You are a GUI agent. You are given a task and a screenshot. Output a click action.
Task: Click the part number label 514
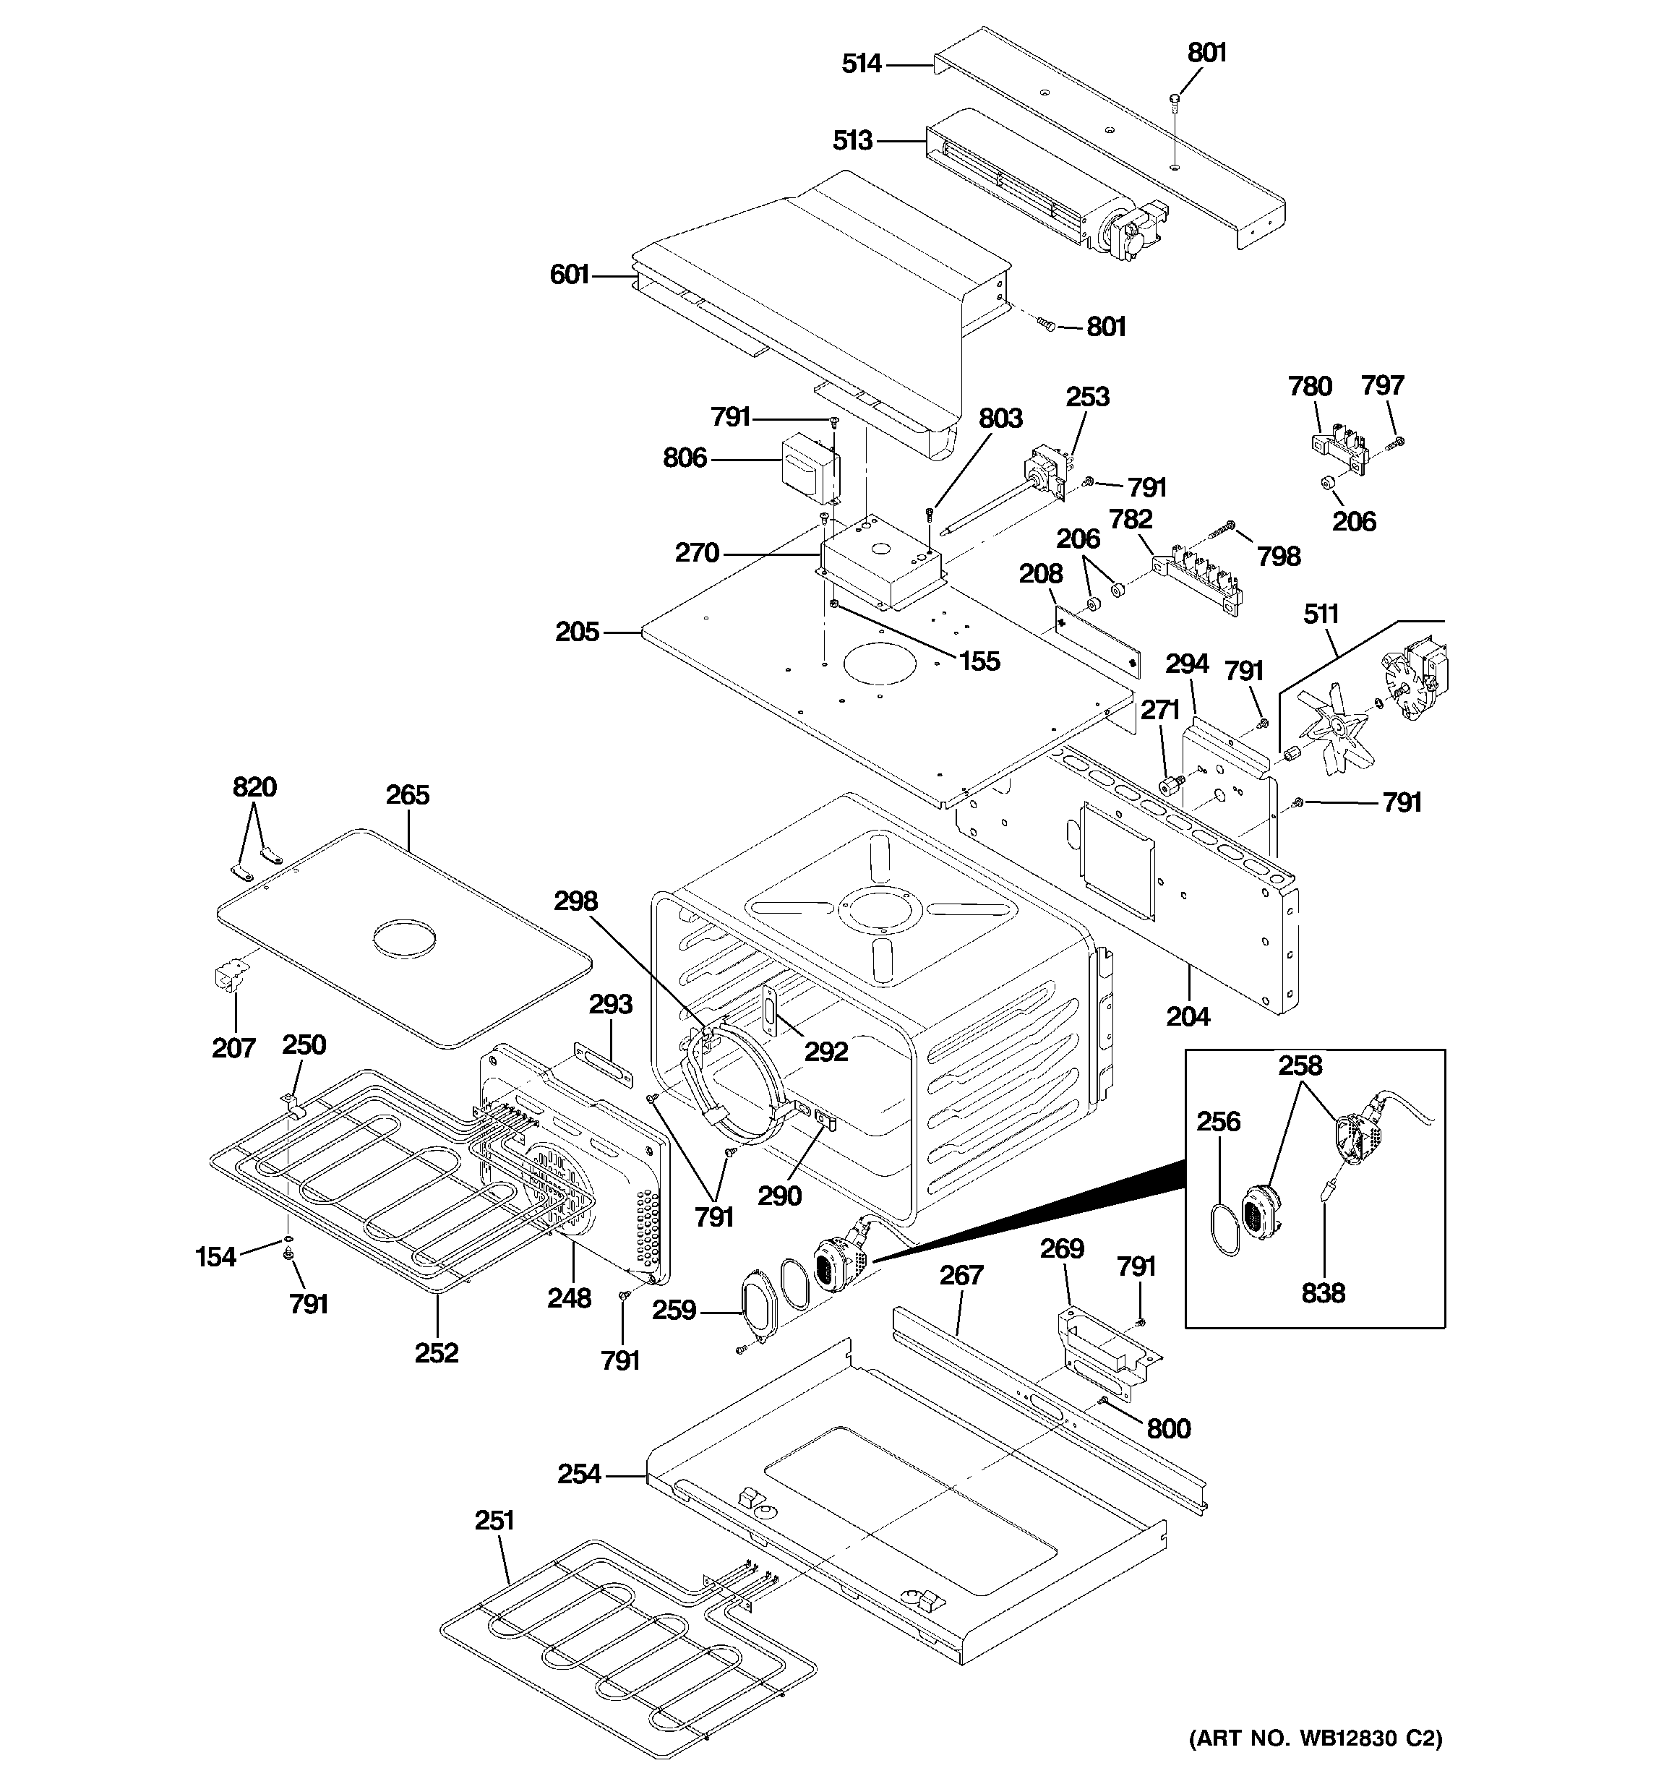861,64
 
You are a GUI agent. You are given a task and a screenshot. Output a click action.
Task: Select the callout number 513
852,140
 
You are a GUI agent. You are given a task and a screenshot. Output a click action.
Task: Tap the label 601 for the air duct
569,275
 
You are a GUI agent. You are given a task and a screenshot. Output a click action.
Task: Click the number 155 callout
979,661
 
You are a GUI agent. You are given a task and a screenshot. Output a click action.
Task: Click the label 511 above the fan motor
1321,614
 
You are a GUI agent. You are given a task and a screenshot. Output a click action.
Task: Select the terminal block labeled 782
1197,576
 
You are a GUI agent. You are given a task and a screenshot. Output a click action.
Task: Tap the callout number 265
408,794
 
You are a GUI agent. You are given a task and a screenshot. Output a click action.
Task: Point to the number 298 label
575,901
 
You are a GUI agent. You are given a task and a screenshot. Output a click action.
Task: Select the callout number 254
579,1474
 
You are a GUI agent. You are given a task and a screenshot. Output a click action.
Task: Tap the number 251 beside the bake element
494,1520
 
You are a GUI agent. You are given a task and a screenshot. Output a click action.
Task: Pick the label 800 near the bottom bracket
1168,1428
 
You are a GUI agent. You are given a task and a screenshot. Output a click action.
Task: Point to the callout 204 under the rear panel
1188,1016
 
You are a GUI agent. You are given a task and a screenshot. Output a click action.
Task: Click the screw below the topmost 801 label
1175,100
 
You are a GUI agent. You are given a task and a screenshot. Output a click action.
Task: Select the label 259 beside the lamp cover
674,1310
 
